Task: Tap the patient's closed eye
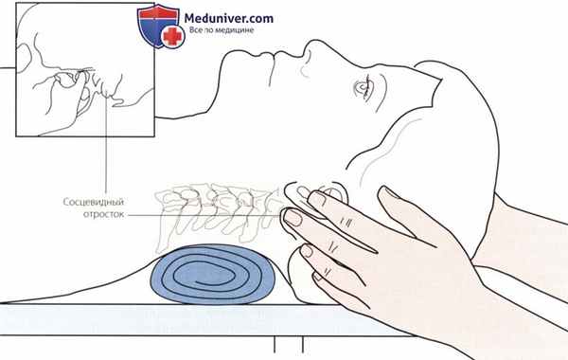[x=364, y=87]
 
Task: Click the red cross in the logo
[x=172, y=36]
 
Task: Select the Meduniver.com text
[x=228, y=18]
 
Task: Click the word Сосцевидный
[x=94, y=202]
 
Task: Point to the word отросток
[x=103, y=215]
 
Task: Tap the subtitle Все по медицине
[x=222, y=30]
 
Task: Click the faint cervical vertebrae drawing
[x=218, y=214]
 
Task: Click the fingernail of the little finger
[x=318, y=277]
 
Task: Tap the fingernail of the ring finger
[x=307, y=250]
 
